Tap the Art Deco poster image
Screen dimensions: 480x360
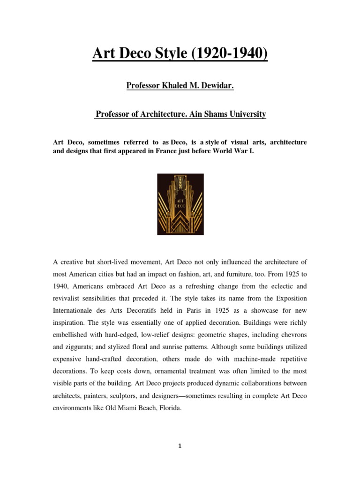(x=180, y=204)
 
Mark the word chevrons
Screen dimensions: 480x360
(x=291, y=335)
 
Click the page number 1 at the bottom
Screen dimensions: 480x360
(x=180, y=446)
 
